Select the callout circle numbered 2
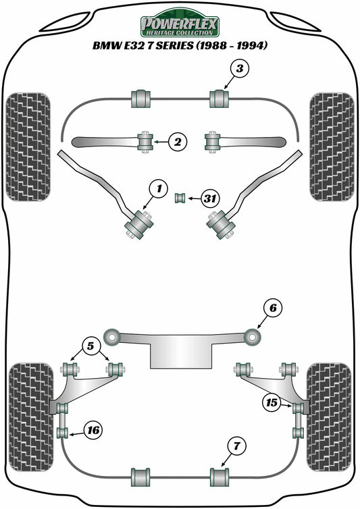177,142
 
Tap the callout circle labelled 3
240,68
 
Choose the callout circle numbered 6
272,309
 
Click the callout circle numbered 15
272,403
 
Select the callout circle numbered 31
211,198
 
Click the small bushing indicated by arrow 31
180,198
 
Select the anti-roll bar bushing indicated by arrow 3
220,98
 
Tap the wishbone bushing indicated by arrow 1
139,223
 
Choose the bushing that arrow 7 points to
220,475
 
